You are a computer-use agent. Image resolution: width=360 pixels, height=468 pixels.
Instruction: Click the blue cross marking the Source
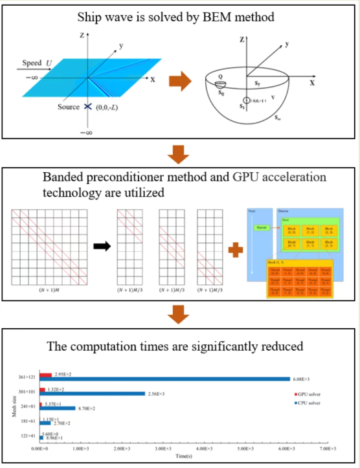coord(86,106)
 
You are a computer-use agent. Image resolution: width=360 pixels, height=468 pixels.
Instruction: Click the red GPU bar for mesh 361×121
coord(45,374)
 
